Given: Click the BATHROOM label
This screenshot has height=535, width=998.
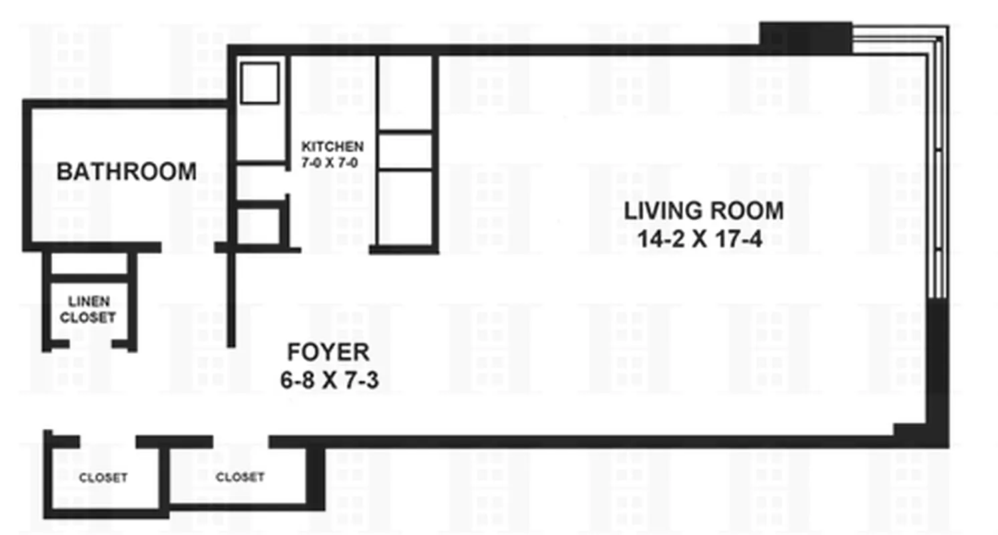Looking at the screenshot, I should click(126, 172).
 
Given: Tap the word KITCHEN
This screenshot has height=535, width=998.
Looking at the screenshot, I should click(332, 146).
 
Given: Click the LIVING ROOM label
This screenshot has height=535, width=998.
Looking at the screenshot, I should click(703, 211).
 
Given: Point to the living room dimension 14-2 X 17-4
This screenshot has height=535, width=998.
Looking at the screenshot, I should click(699, 239).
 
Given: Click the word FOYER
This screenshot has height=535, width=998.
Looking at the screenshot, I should click(328, 352).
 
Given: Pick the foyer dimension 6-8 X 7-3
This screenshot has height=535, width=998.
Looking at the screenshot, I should click(330, 381).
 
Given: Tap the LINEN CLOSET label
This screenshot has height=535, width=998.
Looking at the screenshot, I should click(88, 310).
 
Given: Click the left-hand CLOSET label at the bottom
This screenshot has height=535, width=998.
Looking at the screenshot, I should click(103, 478).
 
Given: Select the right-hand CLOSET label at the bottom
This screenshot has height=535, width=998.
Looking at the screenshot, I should click(239, 477).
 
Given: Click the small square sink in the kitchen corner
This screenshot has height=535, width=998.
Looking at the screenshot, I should click(259, 84).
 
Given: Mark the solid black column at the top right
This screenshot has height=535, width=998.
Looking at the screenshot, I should click(805, 37).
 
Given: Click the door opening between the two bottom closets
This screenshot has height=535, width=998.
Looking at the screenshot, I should click(241, 442).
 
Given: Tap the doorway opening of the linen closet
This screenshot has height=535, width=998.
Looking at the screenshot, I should click(90, 345).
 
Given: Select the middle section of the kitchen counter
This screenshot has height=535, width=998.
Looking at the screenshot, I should click(404, 151).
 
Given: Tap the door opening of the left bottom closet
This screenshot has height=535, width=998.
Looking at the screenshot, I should click(108, 442).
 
